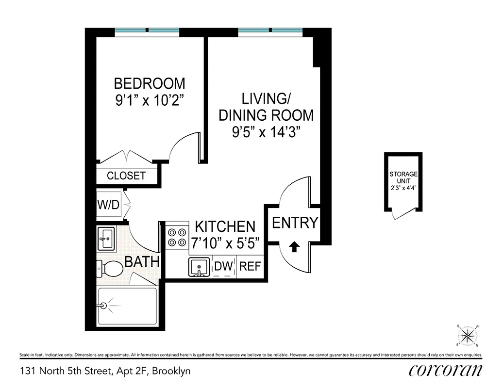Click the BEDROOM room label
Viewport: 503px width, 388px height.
(150, 83)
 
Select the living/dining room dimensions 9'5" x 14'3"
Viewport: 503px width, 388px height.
(266, 132)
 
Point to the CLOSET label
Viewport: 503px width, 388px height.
(126, 176)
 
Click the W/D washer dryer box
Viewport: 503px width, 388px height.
(108, 205)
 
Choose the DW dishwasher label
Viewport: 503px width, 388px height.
(223, 266)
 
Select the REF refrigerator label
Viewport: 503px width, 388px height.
(251, 266)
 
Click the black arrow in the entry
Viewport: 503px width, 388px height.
(294, 247)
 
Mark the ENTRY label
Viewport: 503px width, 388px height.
(295, 223)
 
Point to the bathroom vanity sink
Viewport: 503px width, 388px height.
(106, 238)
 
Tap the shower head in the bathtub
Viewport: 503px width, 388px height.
(103, 306)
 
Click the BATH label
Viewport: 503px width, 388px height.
(142, 262)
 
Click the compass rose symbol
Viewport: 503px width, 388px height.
(468, 336)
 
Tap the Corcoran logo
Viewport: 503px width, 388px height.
(445, 371)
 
